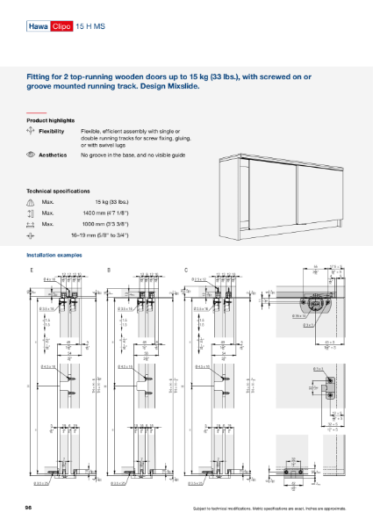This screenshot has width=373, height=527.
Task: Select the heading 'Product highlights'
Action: pos(50,119)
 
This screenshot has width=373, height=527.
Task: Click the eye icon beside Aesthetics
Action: pos(31,155)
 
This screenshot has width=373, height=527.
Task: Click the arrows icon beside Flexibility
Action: pos(31,130)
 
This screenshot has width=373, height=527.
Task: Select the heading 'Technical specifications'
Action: pos(58,191)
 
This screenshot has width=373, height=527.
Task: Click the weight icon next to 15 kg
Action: pos(31,202)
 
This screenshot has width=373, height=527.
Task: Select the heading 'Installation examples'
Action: pos(54,254)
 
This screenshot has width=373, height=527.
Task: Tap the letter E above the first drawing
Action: pos(31,268)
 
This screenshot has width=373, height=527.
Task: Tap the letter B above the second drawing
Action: pos(108,268)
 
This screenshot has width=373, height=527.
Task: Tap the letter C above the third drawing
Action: pos(185,268)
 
